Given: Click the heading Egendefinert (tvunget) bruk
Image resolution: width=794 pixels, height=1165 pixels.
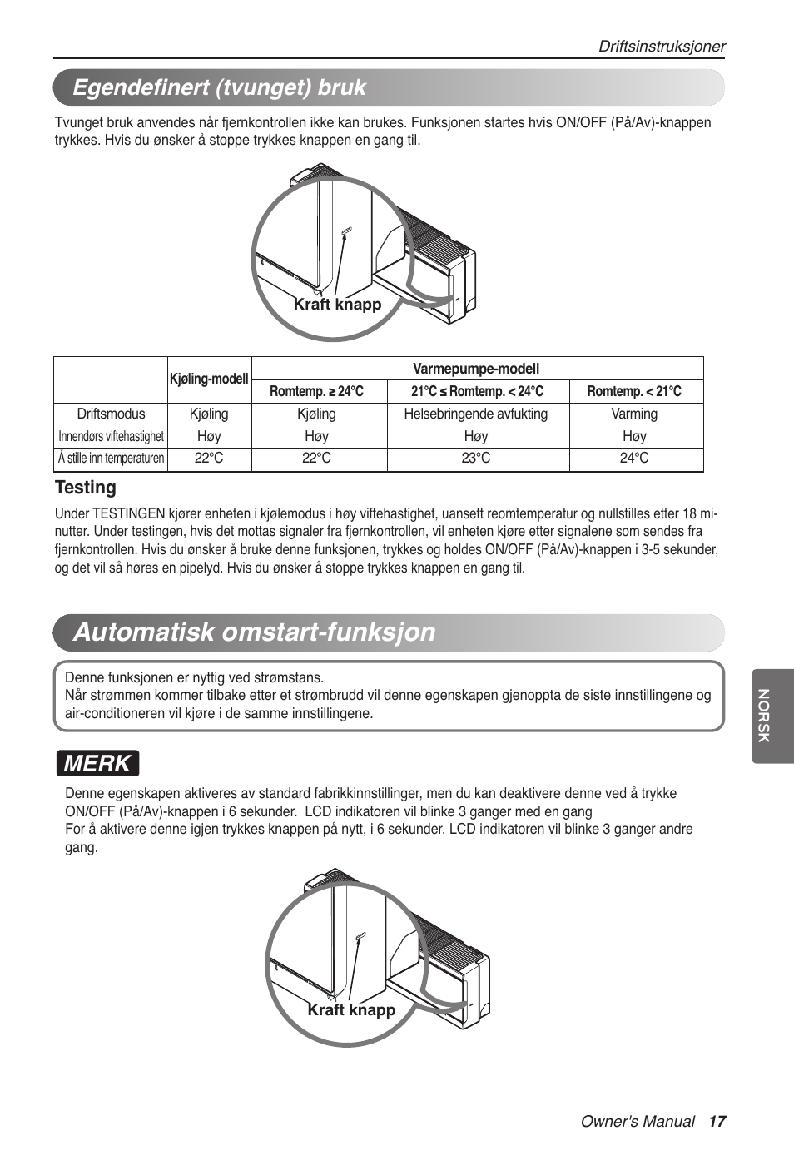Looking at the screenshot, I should point(220,87).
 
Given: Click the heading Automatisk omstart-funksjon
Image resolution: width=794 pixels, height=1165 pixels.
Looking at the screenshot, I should point(255,632).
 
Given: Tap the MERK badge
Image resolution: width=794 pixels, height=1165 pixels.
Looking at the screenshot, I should point(97,763).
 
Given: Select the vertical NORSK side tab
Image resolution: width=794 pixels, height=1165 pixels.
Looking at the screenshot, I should point(764,716).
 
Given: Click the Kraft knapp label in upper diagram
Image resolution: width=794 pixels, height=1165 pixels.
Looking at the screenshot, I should point(337,305).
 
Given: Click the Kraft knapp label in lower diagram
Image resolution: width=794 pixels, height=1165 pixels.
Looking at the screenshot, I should point(351,1009).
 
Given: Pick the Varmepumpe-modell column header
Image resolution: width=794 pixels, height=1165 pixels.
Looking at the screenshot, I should point(476,369).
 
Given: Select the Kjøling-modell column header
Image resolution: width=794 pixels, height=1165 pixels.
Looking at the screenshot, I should point(209,379).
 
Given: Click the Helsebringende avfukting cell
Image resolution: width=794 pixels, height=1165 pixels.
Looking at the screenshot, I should point(476,414).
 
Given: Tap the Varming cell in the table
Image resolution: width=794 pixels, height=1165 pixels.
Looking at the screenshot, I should point(634,414).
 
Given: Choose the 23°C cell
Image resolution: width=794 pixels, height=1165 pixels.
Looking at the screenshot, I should point(476,459).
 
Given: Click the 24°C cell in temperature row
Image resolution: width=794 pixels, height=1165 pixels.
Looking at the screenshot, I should point(634,459).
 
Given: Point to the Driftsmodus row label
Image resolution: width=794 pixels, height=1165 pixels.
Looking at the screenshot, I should point(111,414).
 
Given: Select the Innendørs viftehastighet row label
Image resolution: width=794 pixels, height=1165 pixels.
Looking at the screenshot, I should point(111,436).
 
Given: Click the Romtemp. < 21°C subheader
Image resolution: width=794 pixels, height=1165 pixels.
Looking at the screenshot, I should point(634,391).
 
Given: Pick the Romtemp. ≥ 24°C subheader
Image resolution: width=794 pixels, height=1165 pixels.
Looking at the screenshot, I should point(316,391).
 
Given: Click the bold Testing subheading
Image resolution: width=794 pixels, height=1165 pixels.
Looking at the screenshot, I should point(86,488).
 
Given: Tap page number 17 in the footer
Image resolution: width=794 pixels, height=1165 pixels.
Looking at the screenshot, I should point(717,1122).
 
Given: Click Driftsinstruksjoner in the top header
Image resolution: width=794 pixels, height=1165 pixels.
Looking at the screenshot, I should point(662,47).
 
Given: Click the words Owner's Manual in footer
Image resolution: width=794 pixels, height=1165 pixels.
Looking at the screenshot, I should point(638,1122).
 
